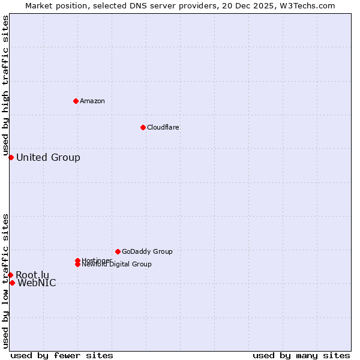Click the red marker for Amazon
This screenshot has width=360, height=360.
click(x=76, y=101)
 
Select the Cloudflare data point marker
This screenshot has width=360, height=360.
click(x=143, y=127)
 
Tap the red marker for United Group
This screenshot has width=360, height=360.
click(x=11, y=157)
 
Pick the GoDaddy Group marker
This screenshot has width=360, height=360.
click(x=118, y=251)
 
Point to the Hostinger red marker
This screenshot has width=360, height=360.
click(x=77, y=260)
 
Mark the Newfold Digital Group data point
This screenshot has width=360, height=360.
click(x=78, y=264)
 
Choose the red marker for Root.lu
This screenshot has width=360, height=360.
click(x=10, y=275)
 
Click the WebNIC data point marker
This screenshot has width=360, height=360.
click(x=12, y=283)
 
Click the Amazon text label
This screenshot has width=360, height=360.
click(x=92, y=101)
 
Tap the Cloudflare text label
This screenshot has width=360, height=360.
click(x=163, y=127)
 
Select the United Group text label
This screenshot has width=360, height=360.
click(x=48, y=158)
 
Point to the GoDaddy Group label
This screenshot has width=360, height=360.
click(x=147, y=251)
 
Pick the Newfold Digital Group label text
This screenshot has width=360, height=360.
click(x=117, y=265)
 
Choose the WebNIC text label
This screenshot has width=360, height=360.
click(x=37, y=283)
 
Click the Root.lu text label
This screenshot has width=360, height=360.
click(x=32, y=275)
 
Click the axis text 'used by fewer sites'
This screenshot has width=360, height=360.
click(x=62, y=355)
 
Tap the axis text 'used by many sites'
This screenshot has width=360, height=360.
click(x=301, y=355)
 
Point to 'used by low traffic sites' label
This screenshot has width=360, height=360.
click(x=6, y=280)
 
